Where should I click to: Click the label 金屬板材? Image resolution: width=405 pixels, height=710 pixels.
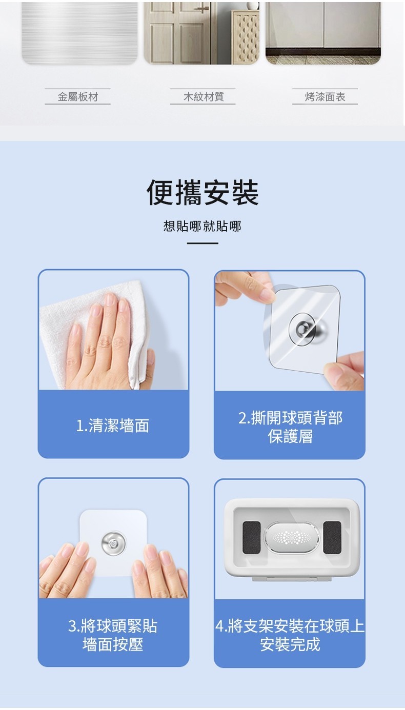(x=77, y=97)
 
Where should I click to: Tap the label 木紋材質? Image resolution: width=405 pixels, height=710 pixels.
(x=204, y=97)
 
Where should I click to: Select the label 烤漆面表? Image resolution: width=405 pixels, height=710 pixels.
(x=325, y=97)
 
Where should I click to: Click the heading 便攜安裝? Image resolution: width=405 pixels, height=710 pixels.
(x=202, y=192)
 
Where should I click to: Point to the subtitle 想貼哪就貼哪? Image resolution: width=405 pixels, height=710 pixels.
(x=202, y=226)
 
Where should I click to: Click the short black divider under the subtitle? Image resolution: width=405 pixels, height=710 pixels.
(x=202, y=243)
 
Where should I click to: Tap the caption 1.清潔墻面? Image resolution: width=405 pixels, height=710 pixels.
(x=112, y=425)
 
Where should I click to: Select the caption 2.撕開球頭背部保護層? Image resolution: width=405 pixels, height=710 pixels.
(x=290, y=427)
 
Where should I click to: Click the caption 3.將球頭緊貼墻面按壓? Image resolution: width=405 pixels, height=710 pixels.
(x=113, y=635)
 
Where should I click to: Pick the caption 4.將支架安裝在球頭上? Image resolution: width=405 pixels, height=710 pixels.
(x=290, y=626)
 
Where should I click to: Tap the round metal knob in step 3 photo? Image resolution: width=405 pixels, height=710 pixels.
(x=113, y=543)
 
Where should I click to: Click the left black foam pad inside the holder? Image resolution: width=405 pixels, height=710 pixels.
(x=252, y=537)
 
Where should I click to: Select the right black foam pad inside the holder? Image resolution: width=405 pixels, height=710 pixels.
(x=332, y=537)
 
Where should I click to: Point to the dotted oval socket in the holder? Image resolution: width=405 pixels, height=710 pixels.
(x=292, y=537)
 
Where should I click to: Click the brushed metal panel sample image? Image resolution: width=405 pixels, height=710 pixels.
(x=79, y=33)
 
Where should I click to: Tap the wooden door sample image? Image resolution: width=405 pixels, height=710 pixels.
(x=201, y=33)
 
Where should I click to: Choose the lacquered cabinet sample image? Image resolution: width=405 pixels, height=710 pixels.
(x=323, y=33)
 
